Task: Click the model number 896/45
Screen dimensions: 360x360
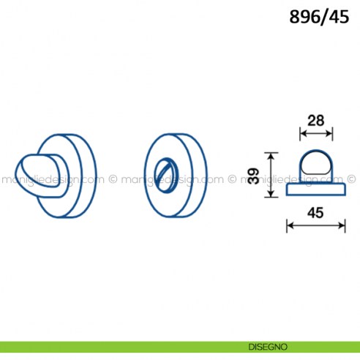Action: (319, 17)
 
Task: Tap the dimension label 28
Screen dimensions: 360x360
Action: (316, 121)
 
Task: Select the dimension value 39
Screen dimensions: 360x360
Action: (253, 176)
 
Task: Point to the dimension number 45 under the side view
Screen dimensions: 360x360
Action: (315, 213)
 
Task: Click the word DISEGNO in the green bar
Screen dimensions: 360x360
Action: (268, 347)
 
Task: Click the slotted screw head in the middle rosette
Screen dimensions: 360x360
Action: (167, 176)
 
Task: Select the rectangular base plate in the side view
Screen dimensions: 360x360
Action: (316, 190)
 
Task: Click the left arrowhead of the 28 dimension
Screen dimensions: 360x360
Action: (302, 133)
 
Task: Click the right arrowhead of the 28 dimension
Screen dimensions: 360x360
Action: (329, 133)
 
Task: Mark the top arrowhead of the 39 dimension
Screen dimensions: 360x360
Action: (271, 156)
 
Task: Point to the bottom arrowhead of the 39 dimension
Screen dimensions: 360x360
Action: (271, 194)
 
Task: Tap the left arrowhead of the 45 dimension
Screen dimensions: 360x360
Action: (290, 225)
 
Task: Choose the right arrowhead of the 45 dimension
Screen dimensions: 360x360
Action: (342, 225)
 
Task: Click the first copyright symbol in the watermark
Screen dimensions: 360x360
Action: (113, 179)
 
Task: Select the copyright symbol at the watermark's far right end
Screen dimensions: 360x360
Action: (351, 179)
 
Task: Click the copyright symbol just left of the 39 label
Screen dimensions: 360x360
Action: (232, 179)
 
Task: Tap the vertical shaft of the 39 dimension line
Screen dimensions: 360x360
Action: (271, 175)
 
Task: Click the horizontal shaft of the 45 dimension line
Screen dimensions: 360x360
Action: (316, 225)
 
